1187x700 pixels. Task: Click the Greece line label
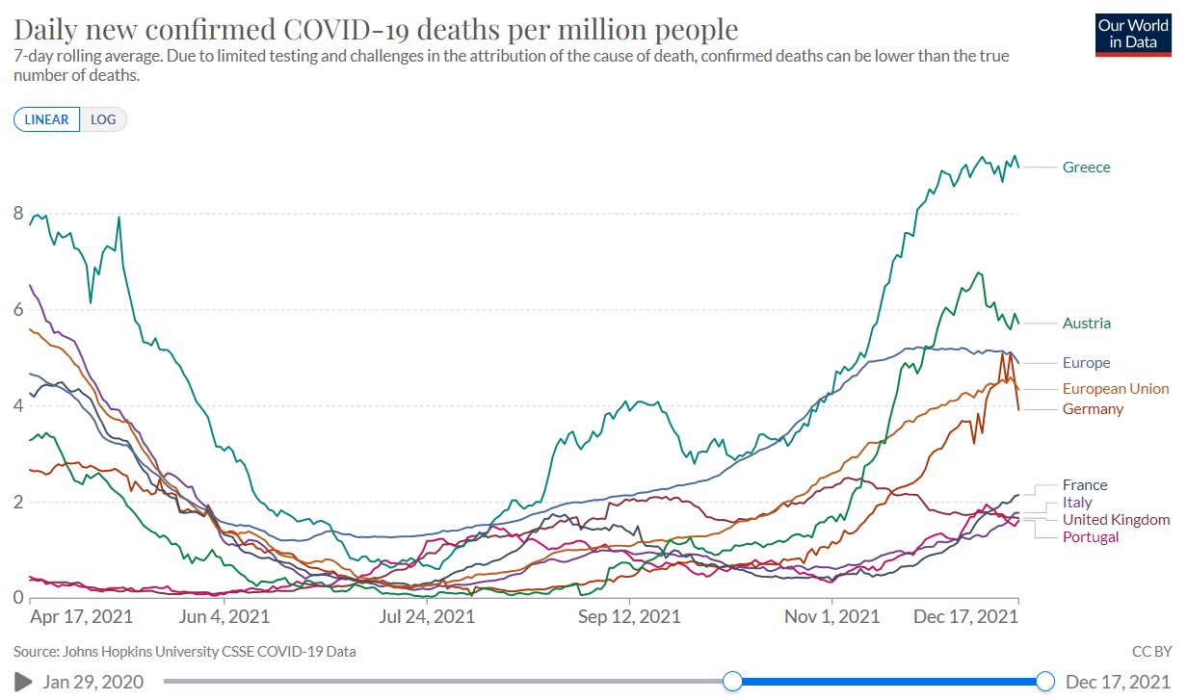[1086, 168]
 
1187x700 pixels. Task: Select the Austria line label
[1086, 324]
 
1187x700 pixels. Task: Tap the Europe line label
[1086, 363]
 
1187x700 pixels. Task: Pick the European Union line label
[1115, 389]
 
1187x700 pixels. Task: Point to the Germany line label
[1093, 409]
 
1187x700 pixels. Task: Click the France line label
[1085, 485]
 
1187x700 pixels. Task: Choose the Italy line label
[1077, 503]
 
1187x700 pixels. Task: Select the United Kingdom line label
[1116, 520]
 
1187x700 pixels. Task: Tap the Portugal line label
[1091, 537]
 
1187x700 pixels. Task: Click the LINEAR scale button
[46, 119]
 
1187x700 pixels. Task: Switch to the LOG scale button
[102, 119]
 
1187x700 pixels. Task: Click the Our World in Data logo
[1133, 33]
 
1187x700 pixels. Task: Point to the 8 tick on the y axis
[18, 214]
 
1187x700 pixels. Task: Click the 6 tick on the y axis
[18, 310]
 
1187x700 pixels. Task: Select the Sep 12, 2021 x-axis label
[628, 616]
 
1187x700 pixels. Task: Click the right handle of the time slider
[1046, 682]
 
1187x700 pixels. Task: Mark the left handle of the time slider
[732, 682]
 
